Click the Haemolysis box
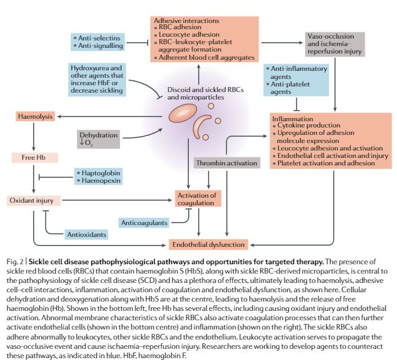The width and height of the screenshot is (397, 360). point(35,116)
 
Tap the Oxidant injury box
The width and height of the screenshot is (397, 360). point(34,200)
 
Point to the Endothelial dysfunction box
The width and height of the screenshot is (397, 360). point(209,244)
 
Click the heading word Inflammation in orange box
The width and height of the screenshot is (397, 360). point(294,118)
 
